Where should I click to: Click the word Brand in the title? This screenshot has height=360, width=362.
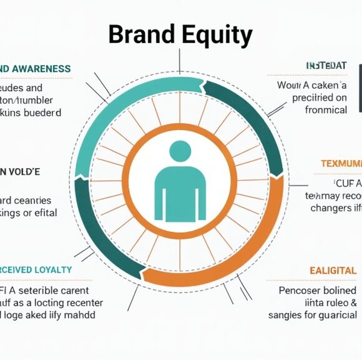(x=140, y=35)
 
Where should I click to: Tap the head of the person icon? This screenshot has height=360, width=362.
(x=180, y=151)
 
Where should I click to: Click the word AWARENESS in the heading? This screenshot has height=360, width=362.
(x=41, y=69)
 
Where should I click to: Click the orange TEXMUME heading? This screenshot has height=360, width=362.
(x=341, y=164)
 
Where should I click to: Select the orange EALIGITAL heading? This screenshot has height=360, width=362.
(x=333, y=271)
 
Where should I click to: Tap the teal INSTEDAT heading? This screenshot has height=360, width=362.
(x=326, y=66)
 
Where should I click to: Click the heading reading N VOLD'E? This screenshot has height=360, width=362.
(x=20, y=171)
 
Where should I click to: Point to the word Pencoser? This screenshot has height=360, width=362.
(x=299, y=291)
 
